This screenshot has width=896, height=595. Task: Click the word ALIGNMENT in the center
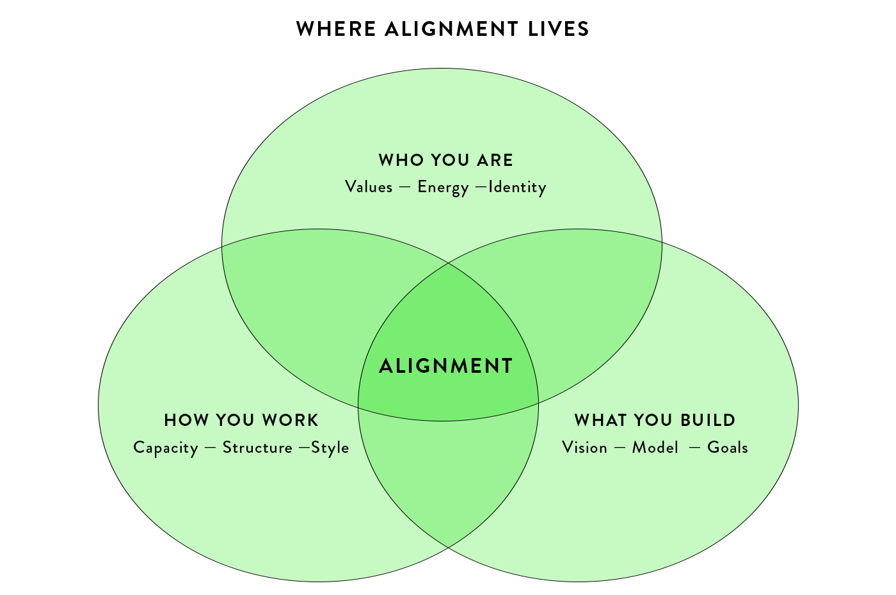(446, 366)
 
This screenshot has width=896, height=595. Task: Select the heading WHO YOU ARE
(446, 160)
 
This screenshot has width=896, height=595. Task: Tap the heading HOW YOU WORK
(241, 420)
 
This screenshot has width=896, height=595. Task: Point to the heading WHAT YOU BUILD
(655, 420)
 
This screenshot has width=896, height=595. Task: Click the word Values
(369, 187)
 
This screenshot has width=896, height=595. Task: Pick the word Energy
(443, 188)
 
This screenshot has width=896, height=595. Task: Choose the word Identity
(517, 188)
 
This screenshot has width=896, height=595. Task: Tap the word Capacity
(166, 448)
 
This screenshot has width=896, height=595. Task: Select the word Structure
(257, 448)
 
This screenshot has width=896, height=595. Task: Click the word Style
(330, 448)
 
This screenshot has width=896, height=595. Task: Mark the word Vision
(584, 448)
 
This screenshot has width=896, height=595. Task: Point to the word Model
(655, 448)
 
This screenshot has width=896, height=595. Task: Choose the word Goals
(728, 448)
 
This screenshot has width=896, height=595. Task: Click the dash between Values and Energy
(404, 188)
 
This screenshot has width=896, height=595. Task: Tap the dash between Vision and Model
(620, 448)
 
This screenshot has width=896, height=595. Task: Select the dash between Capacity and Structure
(210, 448)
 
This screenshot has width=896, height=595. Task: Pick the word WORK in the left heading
(290, 420)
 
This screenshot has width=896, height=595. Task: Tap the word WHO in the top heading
(401, 160)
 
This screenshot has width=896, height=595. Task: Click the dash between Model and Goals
(695, 448)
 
